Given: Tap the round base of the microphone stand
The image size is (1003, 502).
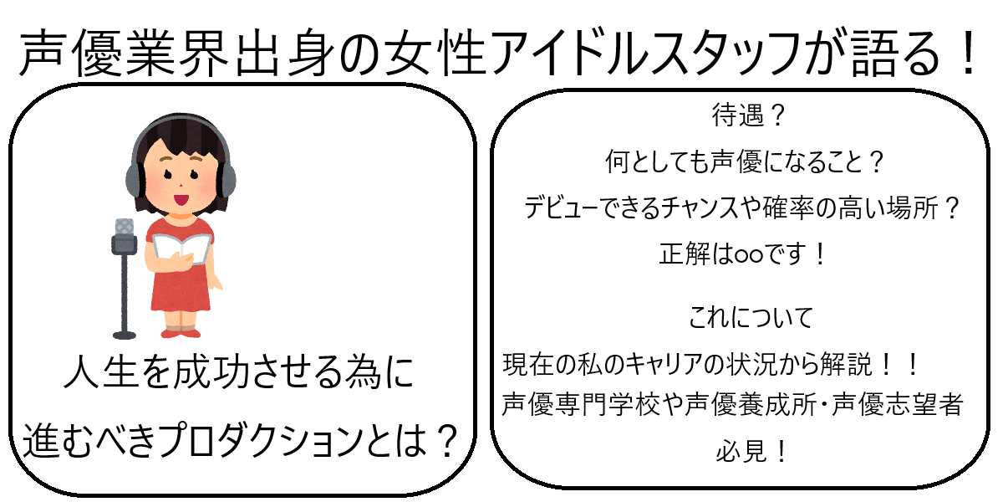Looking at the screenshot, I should [124, 334].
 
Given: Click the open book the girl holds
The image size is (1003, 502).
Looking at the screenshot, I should [181, 248].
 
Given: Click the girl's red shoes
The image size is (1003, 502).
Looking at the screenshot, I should [182, 332].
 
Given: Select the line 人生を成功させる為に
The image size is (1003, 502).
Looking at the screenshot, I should [238, 374].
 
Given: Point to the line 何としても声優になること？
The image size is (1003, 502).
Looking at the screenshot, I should [744, 162].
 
